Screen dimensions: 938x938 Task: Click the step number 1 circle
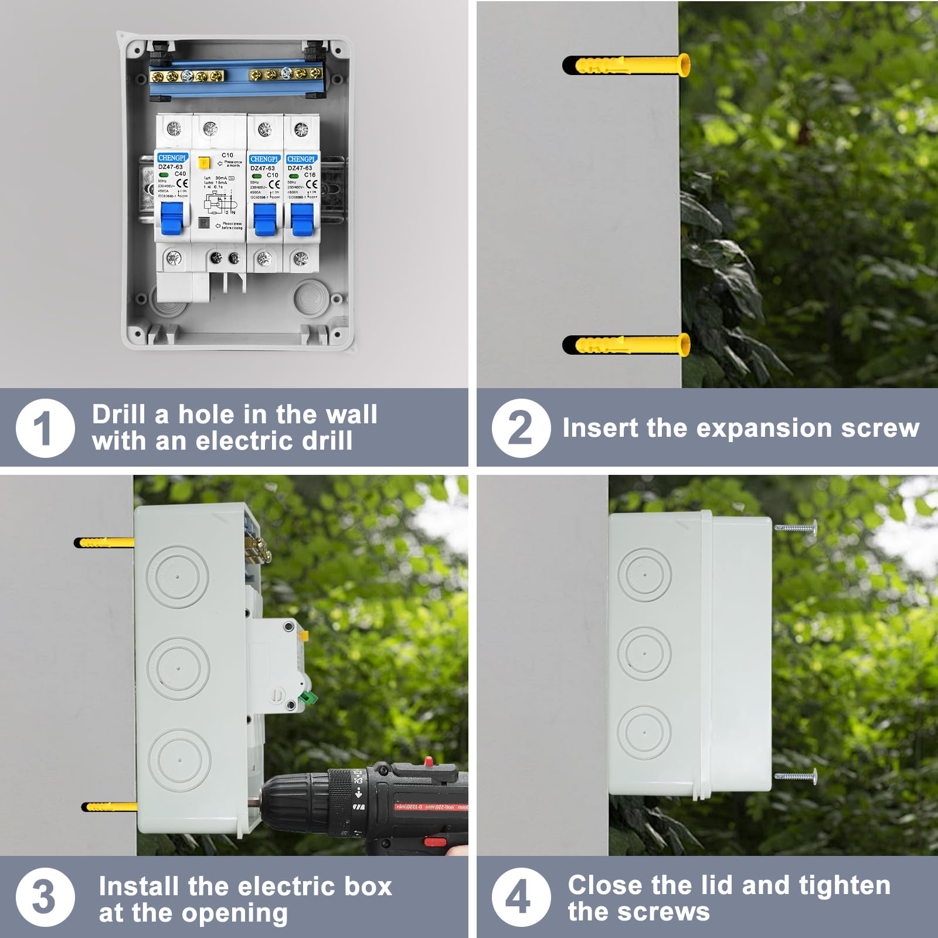[45, 428]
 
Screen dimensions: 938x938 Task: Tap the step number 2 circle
[521, 428]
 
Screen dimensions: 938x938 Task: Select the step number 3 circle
[45, 897]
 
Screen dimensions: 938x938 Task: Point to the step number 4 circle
[521, 897]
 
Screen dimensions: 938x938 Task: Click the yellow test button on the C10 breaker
[204, 163]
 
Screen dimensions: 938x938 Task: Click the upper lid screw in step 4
[796, 528]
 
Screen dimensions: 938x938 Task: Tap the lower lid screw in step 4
[796, 776]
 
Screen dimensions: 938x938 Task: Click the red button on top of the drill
[429, 762]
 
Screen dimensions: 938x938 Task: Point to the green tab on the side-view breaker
[308, 698]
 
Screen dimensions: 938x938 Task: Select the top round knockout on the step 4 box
[644, 575]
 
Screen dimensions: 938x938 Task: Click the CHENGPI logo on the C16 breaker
[301, 159]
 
